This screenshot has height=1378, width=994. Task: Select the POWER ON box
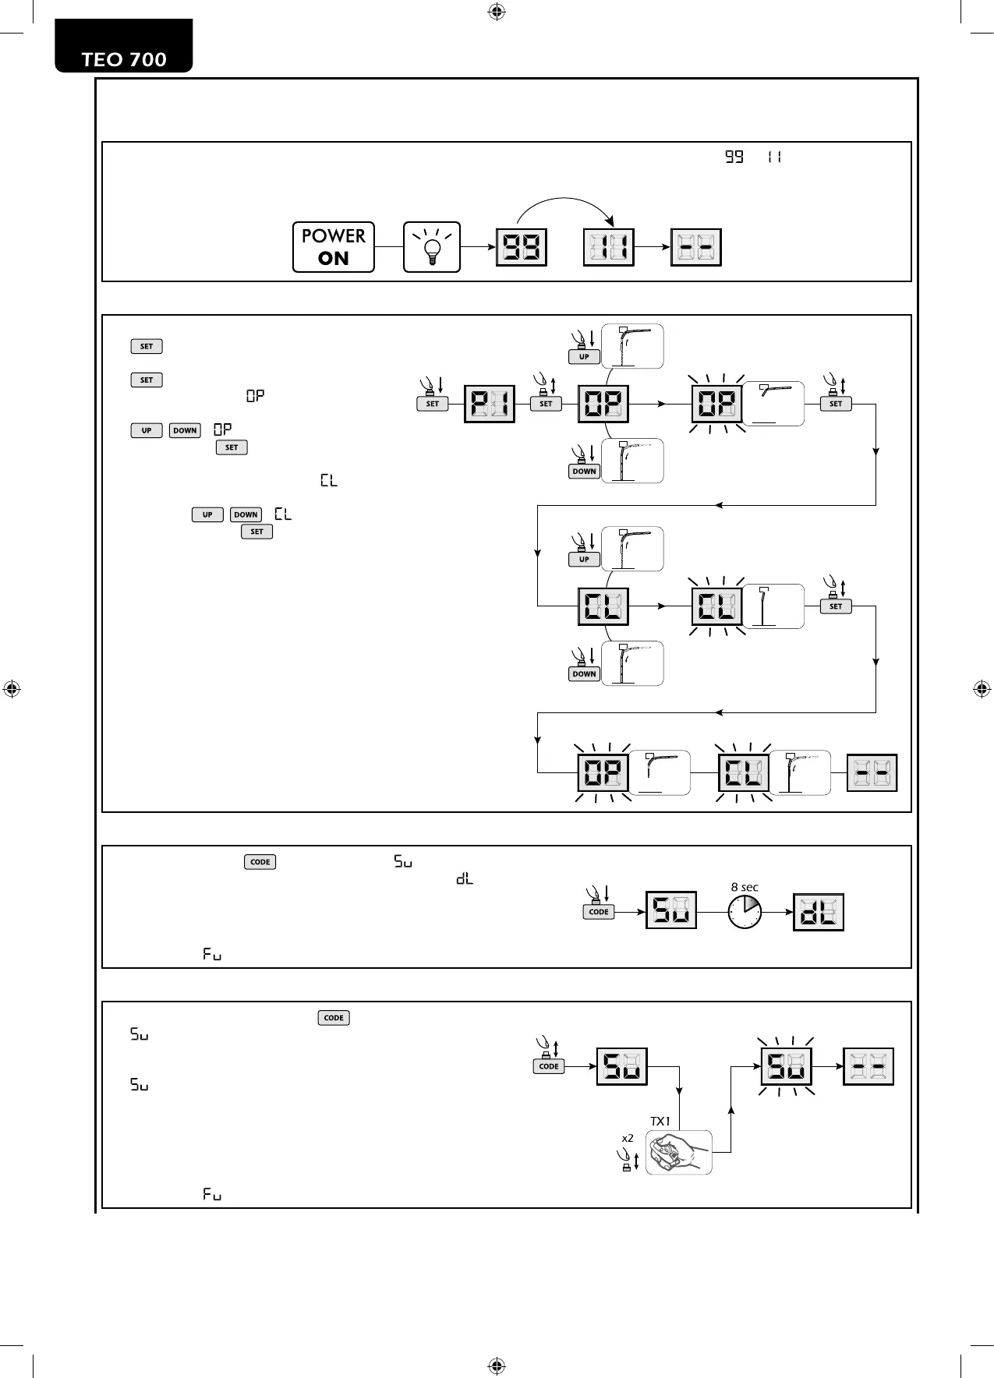(333, 247)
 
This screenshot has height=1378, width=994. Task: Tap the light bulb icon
(432, 247)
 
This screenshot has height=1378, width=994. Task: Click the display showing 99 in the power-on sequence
(522, 247)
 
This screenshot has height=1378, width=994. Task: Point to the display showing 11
(609, 247)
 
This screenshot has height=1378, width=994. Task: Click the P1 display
(489, 404)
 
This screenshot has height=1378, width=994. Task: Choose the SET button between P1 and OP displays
(546, 404)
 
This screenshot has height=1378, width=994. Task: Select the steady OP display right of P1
(603, 404)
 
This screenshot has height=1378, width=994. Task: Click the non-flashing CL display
(603, 606)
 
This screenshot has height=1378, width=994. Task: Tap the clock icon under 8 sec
(745, 911)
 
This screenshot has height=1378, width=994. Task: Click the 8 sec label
(745, 887)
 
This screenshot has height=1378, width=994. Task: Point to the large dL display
(819, 912)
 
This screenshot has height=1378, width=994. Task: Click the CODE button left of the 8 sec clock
(599, 912)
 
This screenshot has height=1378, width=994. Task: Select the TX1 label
(660, 1121)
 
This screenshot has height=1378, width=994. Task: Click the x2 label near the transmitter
(628, 1138)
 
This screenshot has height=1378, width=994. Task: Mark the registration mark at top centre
(497, 12)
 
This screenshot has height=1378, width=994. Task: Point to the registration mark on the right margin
(982, 689)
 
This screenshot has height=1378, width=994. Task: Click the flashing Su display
(786, 1066)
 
